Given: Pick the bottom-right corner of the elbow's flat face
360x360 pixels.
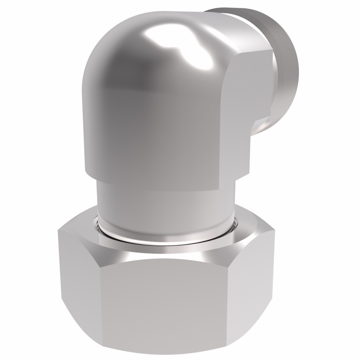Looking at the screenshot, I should pyautogui.click(x=218, y=189).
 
